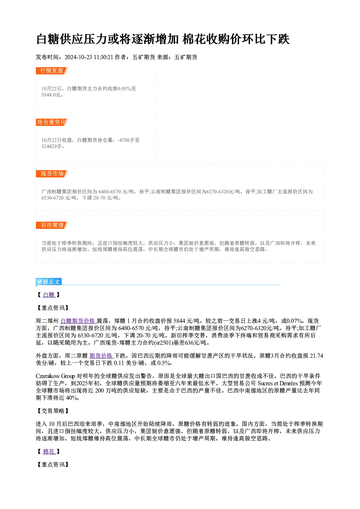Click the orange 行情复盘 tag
coord(52,71)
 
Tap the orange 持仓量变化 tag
coord(52,122)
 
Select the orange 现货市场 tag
coord(52,174)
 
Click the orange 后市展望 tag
coord(52,225)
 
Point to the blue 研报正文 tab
coord(49,282)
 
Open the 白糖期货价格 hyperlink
coord(78,321)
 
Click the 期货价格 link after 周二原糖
coord(102,356)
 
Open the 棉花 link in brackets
coord(49,452)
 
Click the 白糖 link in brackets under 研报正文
coord(49,295)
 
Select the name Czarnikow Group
coord(55,376)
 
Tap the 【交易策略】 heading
coord(53,411)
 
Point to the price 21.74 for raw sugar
coord(316,356)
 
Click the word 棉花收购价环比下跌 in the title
coord(236,39)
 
